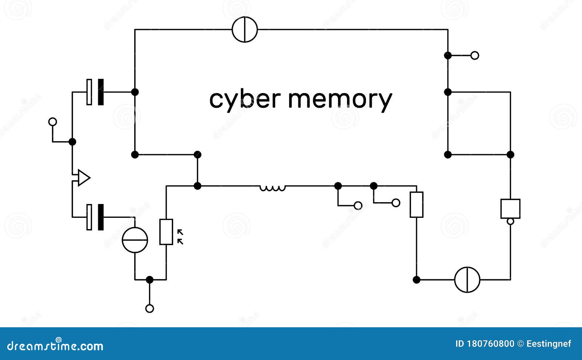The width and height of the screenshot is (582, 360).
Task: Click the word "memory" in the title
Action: [340, 99]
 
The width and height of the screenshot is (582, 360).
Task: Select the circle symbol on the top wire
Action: [245, 29]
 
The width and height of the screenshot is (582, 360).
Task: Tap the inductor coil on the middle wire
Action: [272, 188]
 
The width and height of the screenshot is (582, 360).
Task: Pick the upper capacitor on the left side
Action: [95, 92]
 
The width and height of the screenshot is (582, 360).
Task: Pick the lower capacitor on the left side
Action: [95, 217]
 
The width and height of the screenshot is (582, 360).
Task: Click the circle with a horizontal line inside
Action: [135, 240]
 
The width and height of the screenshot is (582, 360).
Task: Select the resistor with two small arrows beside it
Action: [166, 232]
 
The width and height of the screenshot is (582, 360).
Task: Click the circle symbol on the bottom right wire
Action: [467, 280]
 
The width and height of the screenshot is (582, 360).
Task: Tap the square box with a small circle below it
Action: [510, 209]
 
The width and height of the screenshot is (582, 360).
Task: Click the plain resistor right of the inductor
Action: [416, 205]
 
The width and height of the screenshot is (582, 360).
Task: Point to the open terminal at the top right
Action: [475, 55]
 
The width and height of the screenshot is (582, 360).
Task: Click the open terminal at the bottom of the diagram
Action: [150, 308]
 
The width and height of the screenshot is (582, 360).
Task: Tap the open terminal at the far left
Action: [53, 121]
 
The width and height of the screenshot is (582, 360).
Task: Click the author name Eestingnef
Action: [549, 344]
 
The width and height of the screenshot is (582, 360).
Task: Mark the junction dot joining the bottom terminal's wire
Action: [150, 280]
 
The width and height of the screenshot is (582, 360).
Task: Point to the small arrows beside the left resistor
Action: [180, 237]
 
